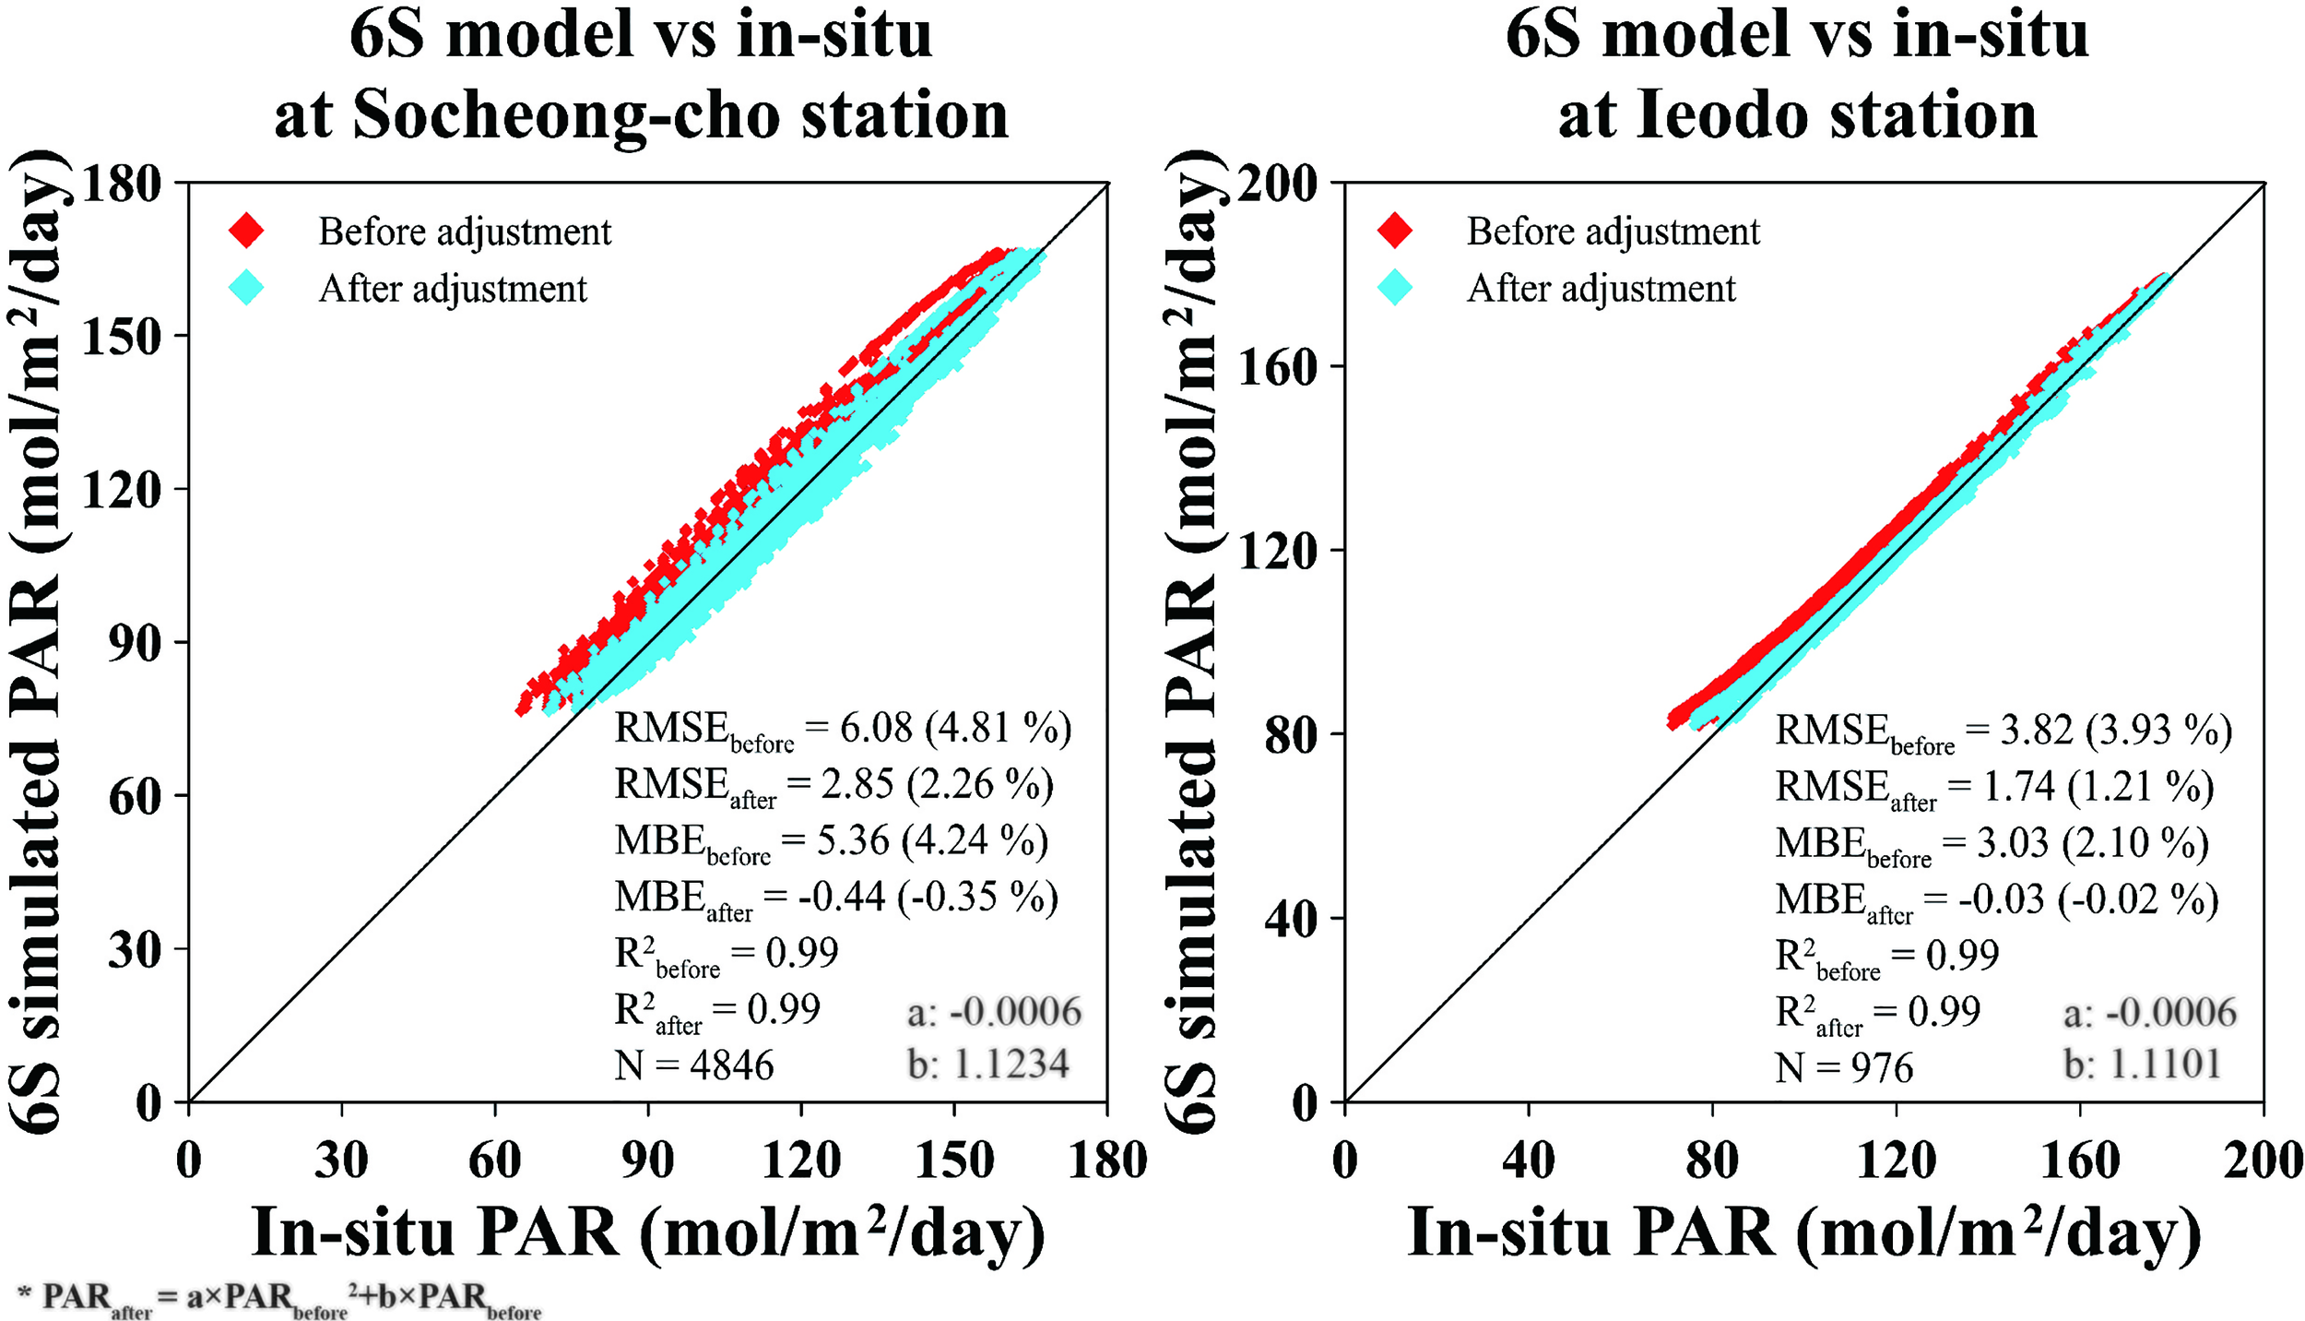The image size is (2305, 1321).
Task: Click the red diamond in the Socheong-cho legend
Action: pyautogui.click(x=246, y=231)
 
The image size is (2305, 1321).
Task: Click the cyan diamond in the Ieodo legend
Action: pyautogui.click(x=1395, y=288)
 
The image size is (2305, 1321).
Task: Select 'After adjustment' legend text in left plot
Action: pyautogui.click(x=452, y=289)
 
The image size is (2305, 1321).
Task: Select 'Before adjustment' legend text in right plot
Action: pyautogui.click(x=1613, y=231)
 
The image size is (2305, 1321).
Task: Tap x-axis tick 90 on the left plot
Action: pyautogui.click(x=647, y=1160)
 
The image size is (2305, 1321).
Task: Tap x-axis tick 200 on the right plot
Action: pyautogui.click(x=2263, y=1160)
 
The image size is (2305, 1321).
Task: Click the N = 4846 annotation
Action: pyautogui.click(x=693, y=1065)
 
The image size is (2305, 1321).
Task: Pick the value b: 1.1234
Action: pyautogui.click(x=988, y=1065)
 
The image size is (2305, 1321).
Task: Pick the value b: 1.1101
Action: pyautogui.click(x=2141, y=1065)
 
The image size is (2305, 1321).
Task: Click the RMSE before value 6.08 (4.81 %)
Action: pyautogui.click(x=954, y=729)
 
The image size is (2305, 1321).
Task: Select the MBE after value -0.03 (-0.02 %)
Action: pyautogui.click(x=2087, y=899)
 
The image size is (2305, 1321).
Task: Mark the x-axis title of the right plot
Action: pyautogui.click(x=1803, y=1233)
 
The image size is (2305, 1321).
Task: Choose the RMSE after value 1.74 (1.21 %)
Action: pyautogui.click(x=2093, y=787)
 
